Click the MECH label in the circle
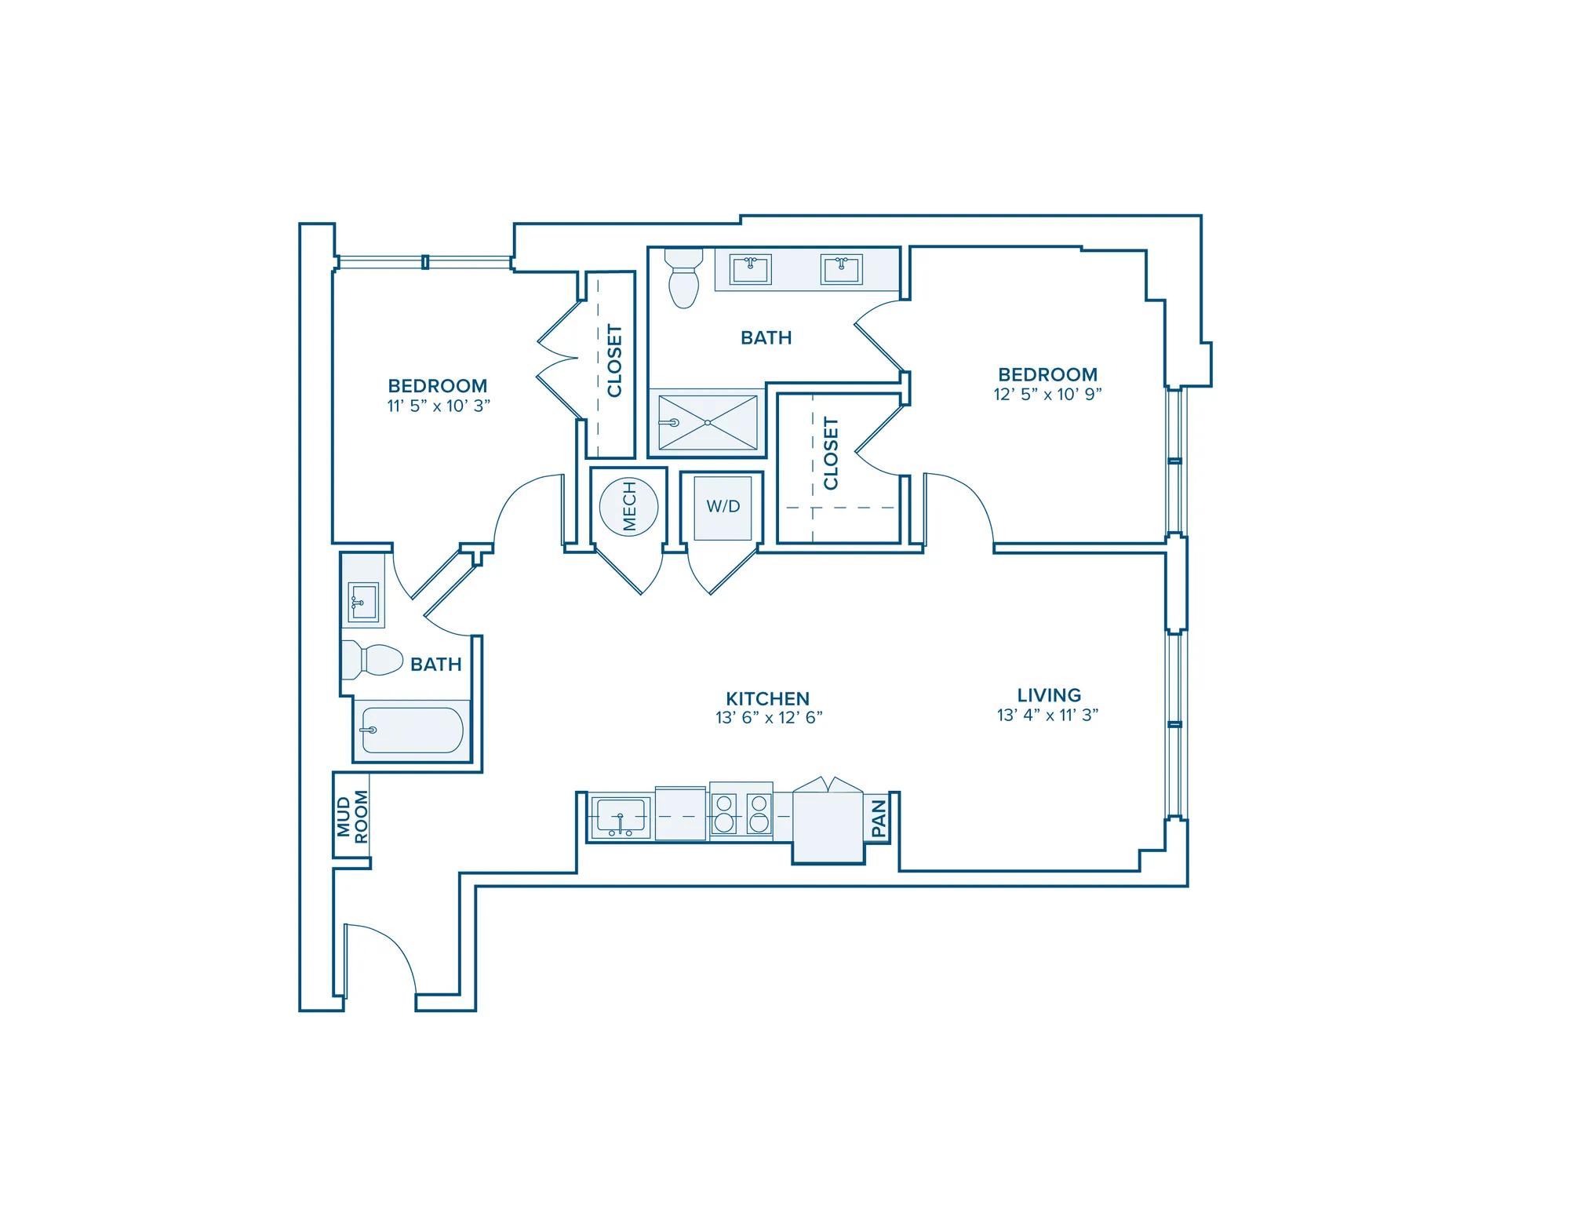click(x=629, y=507)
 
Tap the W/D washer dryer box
click(x=723, y=506)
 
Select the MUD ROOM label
click(x=352, y=816)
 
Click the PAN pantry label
click(x=879, y=818)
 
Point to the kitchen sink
click(x=621, y=817)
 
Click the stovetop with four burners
click(x=741, y=813)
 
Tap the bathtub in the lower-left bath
click(x=413, y=730)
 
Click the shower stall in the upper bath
click(x=708, y=422)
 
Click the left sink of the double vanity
click(x=751, y=269)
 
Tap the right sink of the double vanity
click(x=841, y=269)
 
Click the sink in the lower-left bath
click(x=363, y=602)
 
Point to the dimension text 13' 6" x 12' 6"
click(x=769, y=718)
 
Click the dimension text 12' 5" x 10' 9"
click(x=1048, y=394)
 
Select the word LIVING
click(x=1049, y=695)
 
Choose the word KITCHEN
click(x=768, y=698)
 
